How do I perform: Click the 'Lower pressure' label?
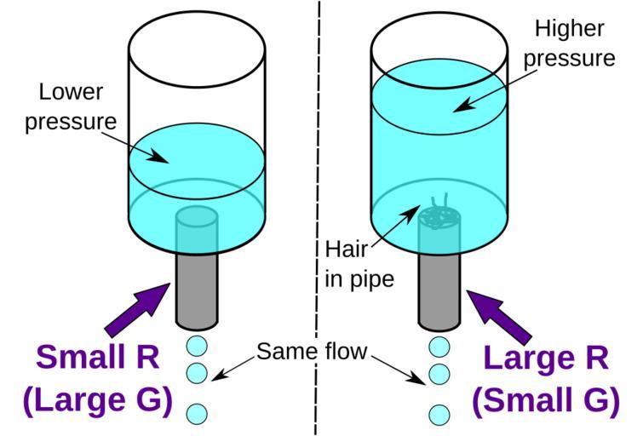pos(70,106)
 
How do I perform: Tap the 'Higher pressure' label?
pos(570,43)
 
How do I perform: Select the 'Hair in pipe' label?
pos(359,264)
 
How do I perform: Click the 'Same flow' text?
pos(311,351)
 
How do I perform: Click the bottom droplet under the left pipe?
pos(197,414)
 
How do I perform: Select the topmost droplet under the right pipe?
pos(439,347)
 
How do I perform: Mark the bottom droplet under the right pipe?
pos(439,415)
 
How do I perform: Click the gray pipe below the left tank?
pos(197,290)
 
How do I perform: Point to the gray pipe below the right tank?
pos(439,290)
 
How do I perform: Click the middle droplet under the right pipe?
pos(439,373)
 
